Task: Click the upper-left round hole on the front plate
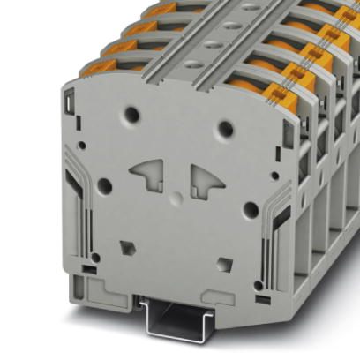[x=132, y=113]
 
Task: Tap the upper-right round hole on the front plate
[x=226, y=129]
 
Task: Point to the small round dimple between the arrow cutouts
[x=176, y=195]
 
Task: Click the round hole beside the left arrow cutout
[x=104, y=185]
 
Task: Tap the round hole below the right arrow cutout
[x=251, y=210]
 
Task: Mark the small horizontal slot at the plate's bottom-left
[x=88, y=266]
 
